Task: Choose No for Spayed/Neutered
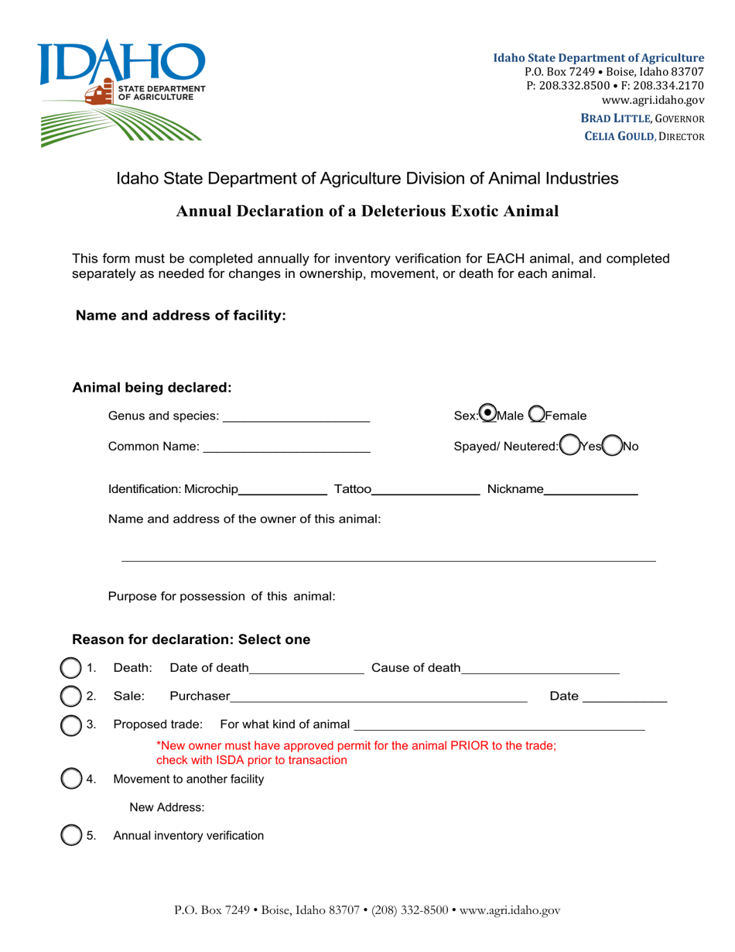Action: tap(612, 445)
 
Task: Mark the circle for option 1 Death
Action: tap(70, 667)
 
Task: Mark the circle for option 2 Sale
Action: tap(70, 696)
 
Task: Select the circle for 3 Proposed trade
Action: tap(70, 724)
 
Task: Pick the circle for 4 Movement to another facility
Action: tap(70, 779)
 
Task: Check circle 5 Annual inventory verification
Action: tap(70, 835)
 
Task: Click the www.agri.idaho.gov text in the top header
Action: tap(653, 101)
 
